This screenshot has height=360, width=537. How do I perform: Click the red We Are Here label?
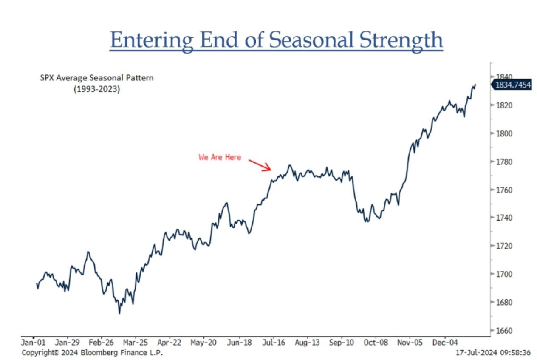(x=220, y=158)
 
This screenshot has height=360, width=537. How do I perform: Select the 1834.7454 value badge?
(x=512, y=85)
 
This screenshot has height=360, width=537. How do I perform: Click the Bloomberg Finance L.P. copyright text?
(x=92, y=353)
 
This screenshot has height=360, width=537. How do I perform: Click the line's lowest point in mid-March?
(x=119, y=313)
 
